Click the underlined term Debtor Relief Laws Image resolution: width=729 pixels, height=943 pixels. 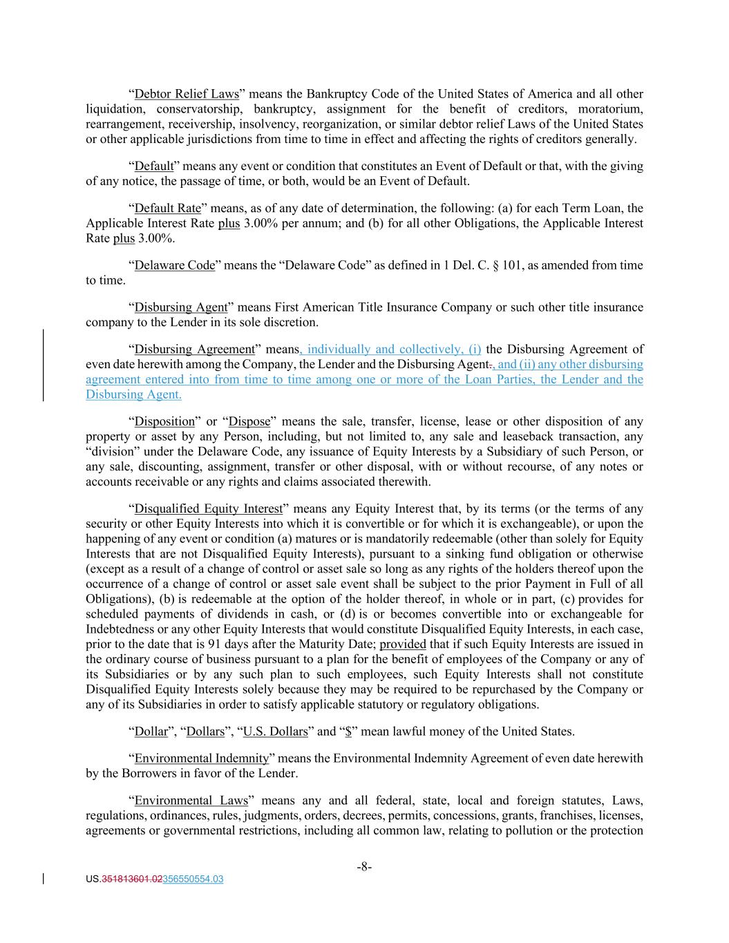point(187,94)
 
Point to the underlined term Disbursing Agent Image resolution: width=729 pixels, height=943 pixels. point(180,307)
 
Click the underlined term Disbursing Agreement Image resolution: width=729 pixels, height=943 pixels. point(194,350)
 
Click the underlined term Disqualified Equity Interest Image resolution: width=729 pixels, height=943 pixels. point(208,509)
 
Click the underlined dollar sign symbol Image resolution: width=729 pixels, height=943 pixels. point(348,732)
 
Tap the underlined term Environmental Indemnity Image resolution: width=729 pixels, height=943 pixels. point(201,759)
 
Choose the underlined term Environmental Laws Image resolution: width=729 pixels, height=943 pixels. point(191,801)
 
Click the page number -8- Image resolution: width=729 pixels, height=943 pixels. point(364,867)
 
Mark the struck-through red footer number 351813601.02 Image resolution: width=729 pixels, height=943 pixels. point(131,879)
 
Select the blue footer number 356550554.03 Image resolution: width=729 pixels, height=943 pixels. point(192,879)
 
